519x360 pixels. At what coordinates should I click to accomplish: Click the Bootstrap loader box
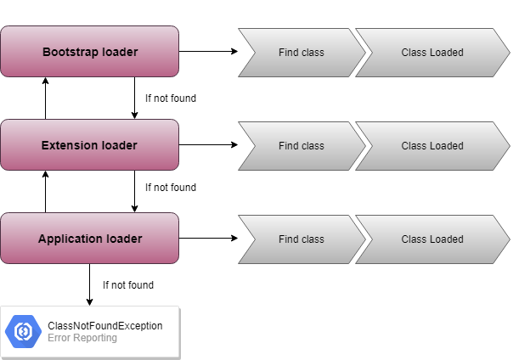pyautogui.click(x=89, y=52)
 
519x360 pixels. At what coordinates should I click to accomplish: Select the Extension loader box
pyautogui.click(x=89, y=145)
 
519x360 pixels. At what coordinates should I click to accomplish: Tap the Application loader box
pyautogui.click(x=89, y=239)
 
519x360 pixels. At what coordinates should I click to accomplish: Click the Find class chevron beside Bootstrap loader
pyautogui.click(x=302, y=53)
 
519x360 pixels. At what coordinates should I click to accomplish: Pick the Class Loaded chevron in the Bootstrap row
pyautogui.click(x=432, y=53)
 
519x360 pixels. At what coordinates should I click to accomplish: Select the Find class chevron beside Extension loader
pyautogui.click(x=302, y=146)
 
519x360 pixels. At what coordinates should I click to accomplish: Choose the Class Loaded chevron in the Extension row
pyautogui.click(x=432, y=146)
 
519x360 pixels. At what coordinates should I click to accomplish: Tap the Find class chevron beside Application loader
pyautogui.click(x=302, y=239)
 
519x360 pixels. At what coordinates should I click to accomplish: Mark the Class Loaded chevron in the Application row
pyautogui.click(x=432, y=239)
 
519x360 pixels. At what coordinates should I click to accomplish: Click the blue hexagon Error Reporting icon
pyautogui.click(x=23, y=332)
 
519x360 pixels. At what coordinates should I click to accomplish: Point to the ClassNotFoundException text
pyautogui.click(x=105, y=326)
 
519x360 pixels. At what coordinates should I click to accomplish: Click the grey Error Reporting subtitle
pyautogui.click(x=82, y=338)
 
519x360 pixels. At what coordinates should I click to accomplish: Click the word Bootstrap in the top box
pyautogui.click(x=71, y=52)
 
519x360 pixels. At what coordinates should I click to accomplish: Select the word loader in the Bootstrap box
pyautogui.click(x=120, y=52)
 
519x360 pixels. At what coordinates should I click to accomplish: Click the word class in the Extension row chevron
pyautogui.click(x=313, y=146)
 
